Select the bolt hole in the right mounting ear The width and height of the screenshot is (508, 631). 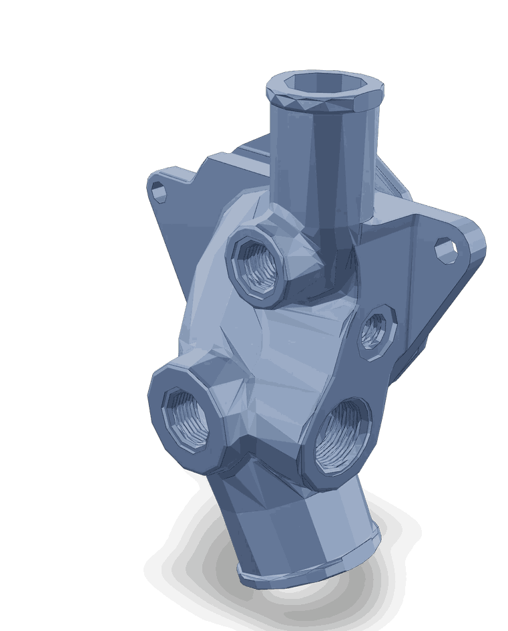445,249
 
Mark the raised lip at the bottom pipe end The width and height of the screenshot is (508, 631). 307,575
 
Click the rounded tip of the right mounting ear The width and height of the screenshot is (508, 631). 475,241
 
